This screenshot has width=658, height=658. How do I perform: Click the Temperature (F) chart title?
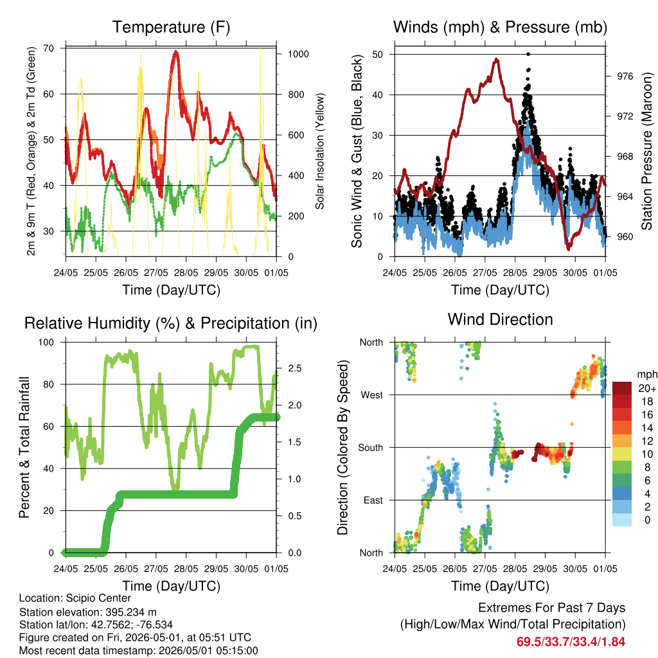(171, 27)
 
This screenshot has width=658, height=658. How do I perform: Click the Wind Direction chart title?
(500, 319)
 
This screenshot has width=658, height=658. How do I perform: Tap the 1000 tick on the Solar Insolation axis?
(298, 54)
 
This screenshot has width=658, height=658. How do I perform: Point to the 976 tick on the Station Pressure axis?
(625, 76)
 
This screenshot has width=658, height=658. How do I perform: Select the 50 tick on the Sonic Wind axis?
(377, 55)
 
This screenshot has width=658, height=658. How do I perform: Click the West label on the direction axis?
(372, 395)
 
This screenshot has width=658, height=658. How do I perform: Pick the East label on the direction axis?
(373, 500)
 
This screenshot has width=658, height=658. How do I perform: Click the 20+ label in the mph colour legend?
(647, 389)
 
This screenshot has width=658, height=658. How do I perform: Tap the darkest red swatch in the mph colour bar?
(622, 388)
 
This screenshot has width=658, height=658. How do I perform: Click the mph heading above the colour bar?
(647, 375)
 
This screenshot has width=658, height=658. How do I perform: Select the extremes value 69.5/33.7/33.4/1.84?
(571, 642)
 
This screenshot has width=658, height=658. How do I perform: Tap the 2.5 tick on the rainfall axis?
(295, 368)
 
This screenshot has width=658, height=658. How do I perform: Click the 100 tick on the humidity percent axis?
(46, 342)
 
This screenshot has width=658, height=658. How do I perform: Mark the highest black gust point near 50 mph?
(528, 54)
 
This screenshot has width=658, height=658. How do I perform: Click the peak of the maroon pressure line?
(497, 60)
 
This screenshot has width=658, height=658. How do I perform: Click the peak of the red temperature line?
(176, 53)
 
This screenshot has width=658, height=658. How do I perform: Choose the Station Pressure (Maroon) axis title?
(646, 151)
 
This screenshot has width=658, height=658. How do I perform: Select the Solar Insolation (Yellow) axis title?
(320, 151)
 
